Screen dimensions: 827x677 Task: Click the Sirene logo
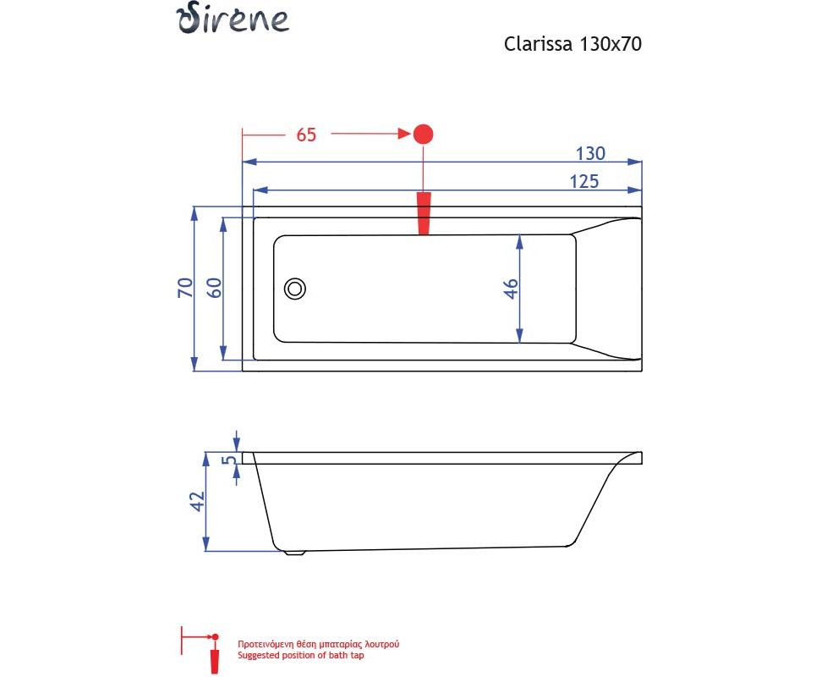click(233, 19)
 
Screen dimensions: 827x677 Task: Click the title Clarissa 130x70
click(572, 44)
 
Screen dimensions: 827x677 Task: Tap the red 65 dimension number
click(306, 135)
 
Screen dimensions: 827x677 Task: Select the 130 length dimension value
click(590, 153)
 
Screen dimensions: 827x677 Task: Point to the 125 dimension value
click(584, 181)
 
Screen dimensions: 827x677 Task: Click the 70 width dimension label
click(186, 288)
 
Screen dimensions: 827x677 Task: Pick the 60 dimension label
click(214, 288)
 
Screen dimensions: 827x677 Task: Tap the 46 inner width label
click(511, 289)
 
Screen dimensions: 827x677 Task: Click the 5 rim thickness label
click(228, 460)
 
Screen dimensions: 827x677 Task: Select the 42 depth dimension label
click(197, 501)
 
